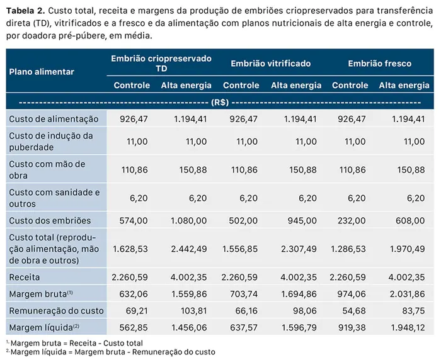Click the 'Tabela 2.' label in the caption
(23, 10)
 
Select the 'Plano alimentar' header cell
(42, 72)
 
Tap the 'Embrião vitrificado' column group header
(270, 64)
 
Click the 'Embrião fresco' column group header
(379, 64)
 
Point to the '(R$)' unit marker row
(220, 101)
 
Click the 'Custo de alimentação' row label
(54, 118)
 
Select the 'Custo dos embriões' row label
(50, 220)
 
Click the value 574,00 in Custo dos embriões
(134, 220)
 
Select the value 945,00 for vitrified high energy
(303, 220)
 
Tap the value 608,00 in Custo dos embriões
(411, 220)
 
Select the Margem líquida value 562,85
(134, 327)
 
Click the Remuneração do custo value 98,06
(303, 310)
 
